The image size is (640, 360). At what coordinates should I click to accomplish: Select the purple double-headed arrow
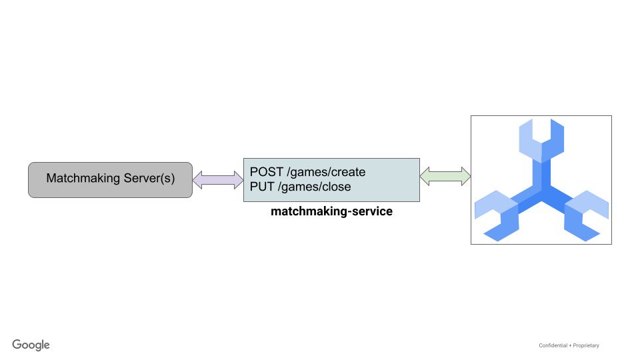coord(218,179)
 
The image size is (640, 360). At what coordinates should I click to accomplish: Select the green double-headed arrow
coord(445,177)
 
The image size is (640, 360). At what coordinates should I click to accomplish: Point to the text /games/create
coord(326,172)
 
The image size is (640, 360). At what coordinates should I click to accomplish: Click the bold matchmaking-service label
coord(331,212)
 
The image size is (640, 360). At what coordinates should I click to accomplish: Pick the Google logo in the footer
coord(31,345)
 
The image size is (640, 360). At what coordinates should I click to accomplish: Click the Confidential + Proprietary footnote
coord(569,345)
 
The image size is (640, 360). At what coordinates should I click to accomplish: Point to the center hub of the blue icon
coord(541,193)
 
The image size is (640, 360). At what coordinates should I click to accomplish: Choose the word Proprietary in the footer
coord(585,345)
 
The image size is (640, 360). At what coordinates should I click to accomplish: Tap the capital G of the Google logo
coord(17,344)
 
